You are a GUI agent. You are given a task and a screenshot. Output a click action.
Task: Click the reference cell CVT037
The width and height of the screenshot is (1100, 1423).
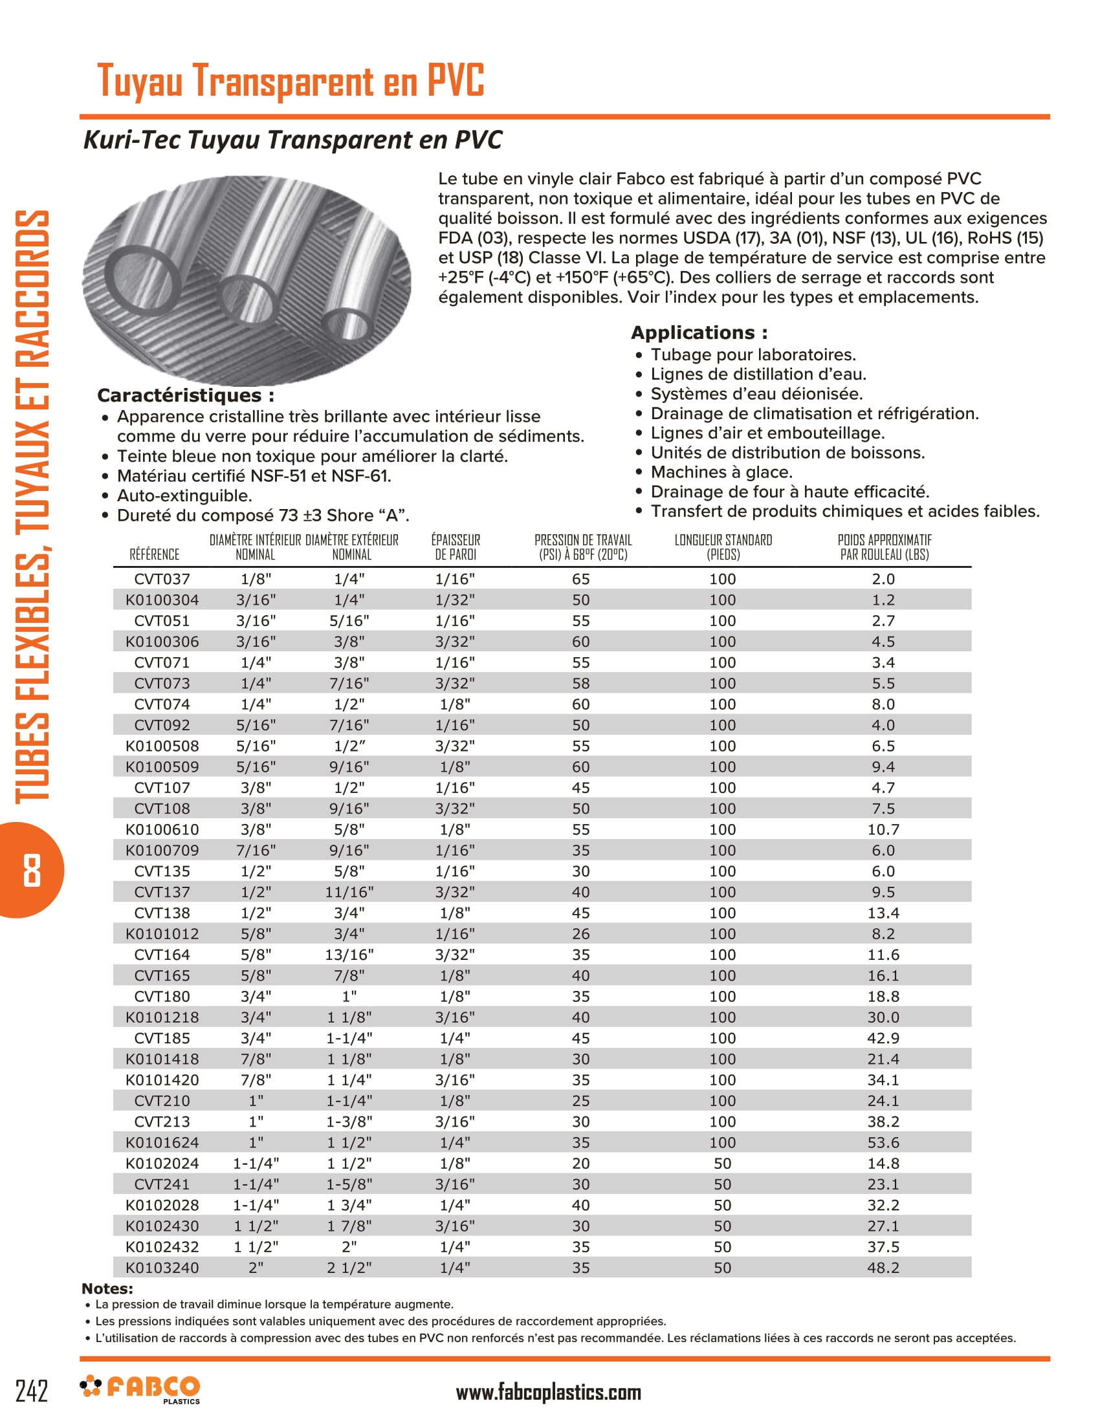click(162, 579)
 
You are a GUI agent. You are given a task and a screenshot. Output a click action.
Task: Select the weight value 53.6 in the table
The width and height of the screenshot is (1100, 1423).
click(883, 1142)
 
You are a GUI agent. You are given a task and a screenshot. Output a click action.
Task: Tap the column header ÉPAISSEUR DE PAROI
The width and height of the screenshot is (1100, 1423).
click(456, 547)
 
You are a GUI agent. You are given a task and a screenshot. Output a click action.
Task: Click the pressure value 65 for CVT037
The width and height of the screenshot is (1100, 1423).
click(580, 579)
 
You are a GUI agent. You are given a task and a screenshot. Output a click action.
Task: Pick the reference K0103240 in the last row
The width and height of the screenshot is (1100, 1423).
click(162, 1267)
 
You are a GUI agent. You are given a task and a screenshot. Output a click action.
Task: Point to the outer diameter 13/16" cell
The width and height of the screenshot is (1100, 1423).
click(349, 955)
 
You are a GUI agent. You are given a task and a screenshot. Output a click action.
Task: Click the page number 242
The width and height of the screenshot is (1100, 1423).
click(32, 1391)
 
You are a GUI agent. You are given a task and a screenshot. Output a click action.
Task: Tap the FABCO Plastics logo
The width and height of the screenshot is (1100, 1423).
click(141, 1389)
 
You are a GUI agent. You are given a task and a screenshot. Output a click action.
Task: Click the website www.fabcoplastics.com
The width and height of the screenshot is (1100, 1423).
click(548, 1393)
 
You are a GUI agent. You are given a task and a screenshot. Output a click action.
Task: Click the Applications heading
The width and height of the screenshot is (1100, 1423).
click(699, 332)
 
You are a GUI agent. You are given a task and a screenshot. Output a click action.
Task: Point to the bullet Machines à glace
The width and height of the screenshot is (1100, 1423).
click(721, 472)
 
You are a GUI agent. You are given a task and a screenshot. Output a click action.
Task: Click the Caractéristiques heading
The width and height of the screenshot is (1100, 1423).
click(185, 395)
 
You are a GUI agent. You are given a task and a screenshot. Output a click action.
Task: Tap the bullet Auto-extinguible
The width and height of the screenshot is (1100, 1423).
click(184, 495)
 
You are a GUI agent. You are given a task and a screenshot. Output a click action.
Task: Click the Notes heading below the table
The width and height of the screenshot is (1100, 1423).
click(107, 1288)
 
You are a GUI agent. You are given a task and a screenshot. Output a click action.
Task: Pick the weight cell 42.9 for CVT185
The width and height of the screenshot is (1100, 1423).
click(883, 1038)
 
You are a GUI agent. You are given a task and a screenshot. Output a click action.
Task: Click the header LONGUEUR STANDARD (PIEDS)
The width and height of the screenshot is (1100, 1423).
click(723, 547)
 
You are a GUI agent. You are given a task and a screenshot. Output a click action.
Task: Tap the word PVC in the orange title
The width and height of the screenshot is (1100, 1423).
click(456, 81)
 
